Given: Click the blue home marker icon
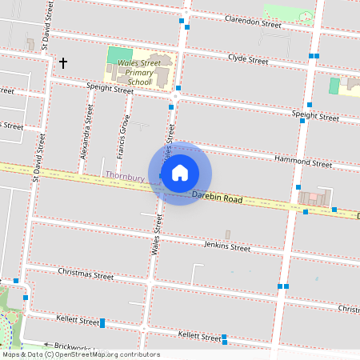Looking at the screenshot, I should (180, 172).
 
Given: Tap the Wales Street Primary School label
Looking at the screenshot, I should (134, 74).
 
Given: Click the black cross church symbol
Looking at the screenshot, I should (62, 62).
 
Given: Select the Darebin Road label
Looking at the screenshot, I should (216, 197).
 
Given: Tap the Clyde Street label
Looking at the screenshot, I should (248, 59).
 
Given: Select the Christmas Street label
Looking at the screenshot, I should (86, 274).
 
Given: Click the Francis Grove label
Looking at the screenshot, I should (122, 137).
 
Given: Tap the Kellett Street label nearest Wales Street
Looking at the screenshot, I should (199, 336).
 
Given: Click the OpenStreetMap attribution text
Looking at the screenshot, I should (80, 354).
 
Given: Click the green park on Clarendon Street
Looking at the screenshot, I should (289, 13).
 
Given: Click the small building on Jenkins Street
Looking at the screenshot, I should (227, 234).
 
